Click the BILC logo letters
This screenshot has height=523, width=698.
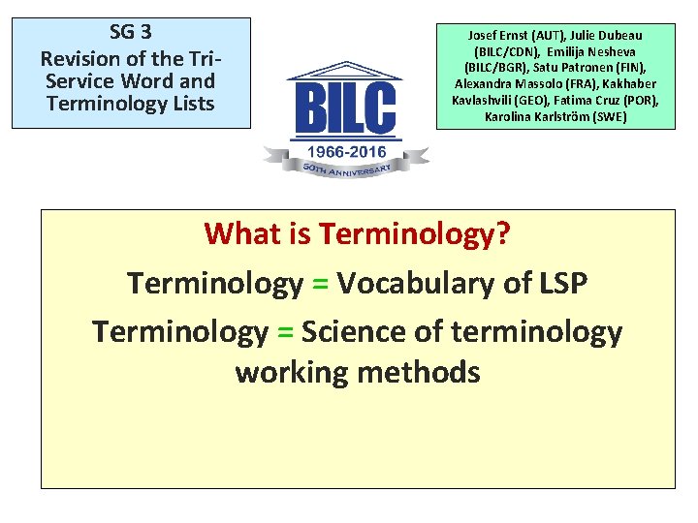(346, 107)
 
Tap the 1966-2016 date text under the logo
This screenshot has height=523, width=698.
(346, 152)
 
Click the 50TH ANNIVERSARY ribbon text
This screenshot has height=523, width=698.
(346, 169)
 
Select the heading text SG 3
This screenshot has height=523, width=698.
(131, 31)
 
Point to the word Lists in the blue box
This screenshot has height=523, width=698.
(190, 104)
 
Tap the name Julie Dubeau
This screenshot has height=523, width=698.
(601, 36)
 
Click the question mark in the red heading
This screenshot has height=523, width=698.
(502, 234)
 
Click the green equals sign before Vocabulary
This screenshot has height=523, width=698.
(320, 284)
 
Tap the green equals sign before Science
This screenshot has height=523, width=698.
(285, 332)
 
